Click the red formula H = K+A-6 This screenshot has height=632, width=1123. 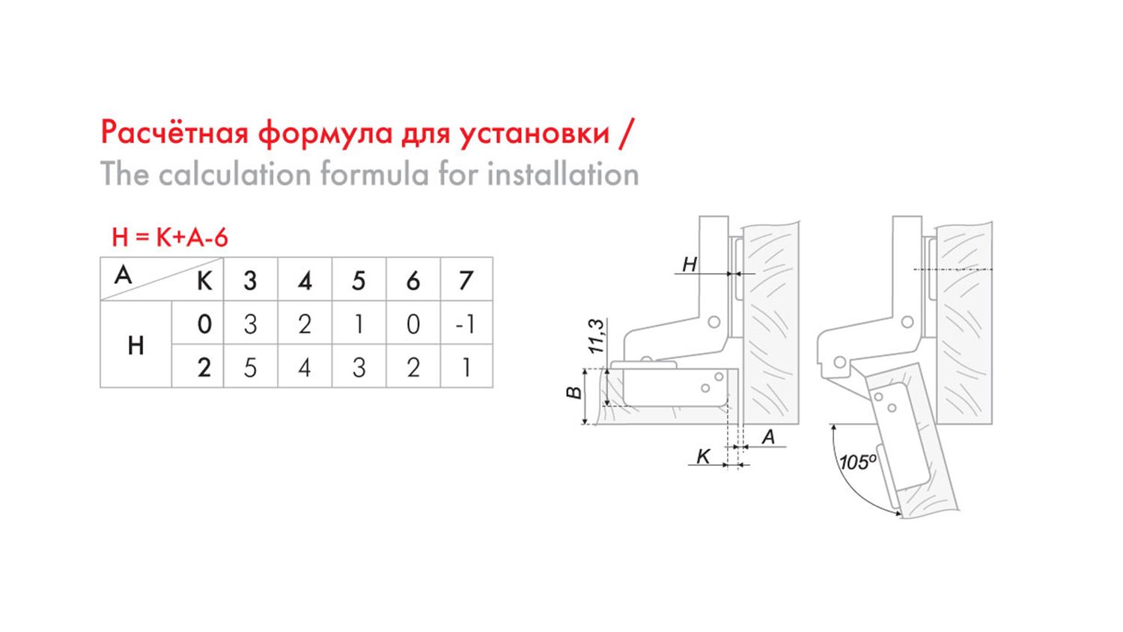coord(170,237)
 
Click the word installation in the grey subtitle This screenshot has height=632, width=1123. coord(563,174)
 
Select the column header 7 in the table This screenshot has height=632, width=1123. coord(466,280)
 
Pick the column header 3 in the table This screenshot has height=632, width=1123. coord(250,280)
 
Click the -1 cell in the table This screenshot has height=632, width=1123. coord(465,324)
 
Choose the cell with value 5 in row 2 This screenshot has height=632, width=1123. coord(250,368)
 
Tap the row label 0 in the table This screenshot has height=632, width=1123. coord(204,324)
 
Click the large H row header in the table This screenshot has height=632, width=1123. coord(136,346)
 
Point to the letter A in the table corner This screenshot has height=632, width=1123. coord(124,275)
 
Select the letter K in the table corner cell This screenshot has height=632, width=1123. coord(204,282)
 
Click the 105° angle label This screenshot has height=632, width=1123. coord(858,461)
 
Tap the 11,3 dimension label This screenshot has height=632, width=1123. coord(596,336)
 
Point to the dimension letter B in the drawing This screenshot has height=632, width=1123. coord(574,392)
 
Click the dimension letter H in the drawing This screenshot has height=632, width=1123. coord(690,264)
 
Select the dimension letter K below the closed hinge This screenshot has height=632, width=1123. coord(704,457)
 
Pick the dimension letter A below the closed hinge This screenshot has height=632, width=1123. coord(768,437)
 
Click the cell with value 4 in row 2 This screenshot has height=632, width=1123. coord(304,368)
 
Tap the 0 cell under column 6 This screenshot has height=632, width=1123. coord(413,324)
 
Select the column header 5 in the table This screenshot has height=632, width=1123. coord(359,280)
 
